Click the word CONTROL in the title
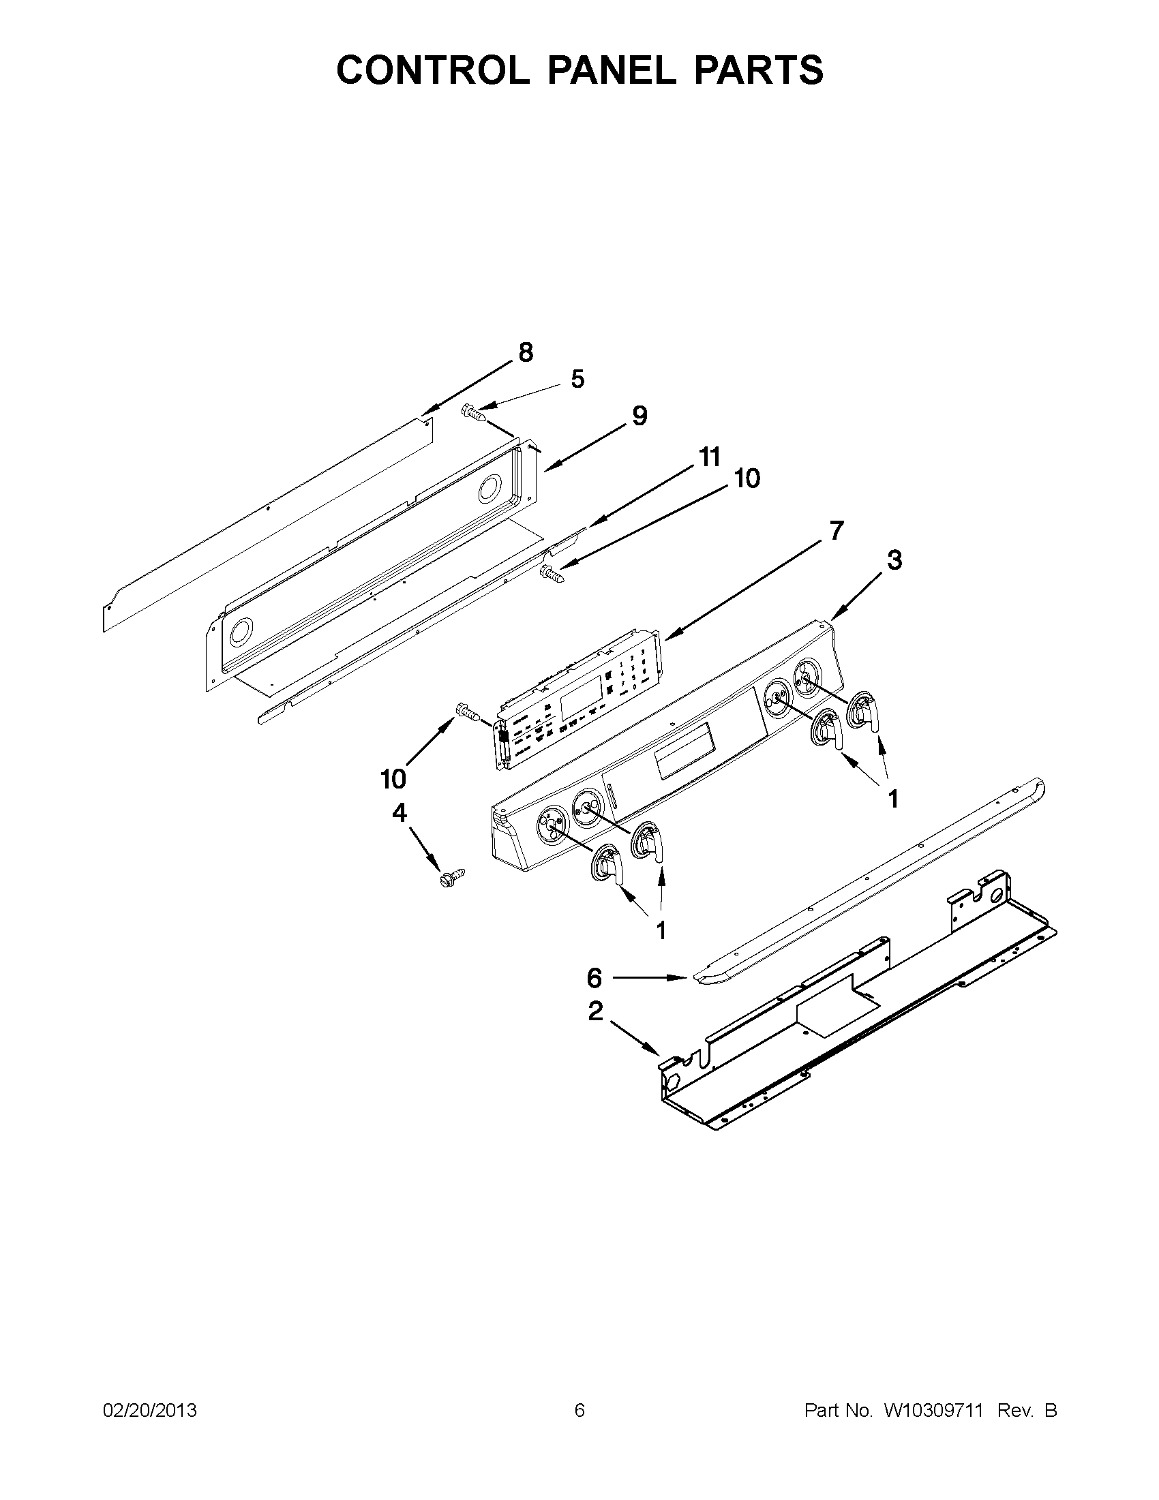(433, 70)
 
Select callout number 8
(525, 352)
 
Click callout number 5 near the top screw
(577, 378)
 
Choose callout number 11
(709, 457)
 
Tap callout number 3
(894, 560)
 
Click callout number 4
(399, 813)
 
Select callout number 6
(595, 977)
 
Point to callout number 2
(596, 1010)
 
